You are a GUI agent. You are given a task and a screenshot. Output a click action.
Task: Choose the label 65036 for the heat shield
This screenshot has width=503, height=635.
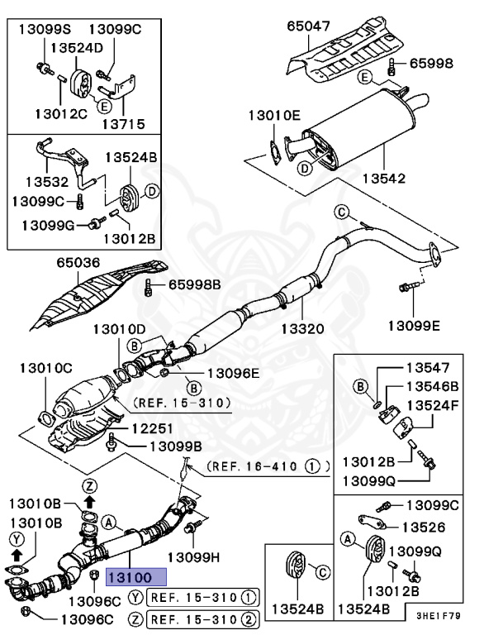pos(78,263)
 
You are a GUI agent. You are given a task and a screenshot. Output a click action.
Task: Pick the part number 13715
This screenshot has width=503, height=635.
pos(123,125)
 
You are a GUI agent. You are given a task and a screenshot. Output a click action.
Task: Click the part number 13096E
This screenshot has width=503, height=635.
pos(232,373)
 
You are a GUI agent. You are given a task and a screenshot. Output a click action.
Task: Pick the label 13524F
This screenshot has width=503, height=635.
pos(433,405)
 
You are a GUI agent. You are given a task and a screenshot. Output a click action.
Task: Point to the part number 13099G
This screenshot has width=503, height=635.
pos(48,225)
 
